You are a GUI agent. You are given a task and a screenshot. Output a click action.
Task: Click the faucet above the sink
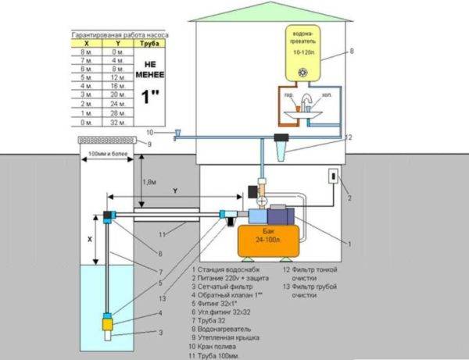pos(307,100)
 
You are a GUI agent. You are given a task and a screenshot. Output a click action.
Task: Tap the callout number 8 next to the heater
pos(351,52)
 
